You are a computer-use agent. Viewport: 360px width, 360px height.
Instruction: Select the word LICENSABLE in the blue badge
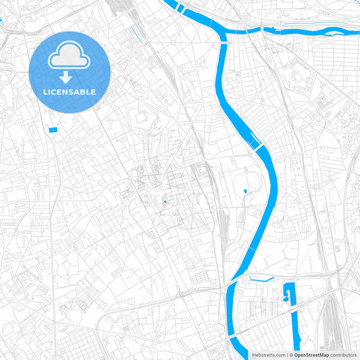(70, 92)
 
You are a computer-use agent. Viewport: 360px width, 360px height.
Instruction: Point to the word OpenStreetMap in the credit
(311, 355)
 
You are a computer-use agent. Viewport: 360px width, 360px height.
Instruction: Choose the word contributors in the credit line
(343, 355)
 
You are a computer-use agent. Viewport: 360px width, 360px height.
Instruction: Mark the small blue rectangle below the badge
(53, 129)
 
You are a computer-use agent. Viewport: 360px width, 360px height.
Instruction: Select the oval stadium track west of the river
(254, 181)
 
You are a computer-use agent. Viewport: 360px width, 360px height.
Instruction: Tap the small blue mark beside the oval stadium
(245, 192)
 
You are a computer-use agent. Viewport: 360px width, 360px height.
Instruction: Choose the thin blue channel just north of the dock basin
(261, 278)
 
